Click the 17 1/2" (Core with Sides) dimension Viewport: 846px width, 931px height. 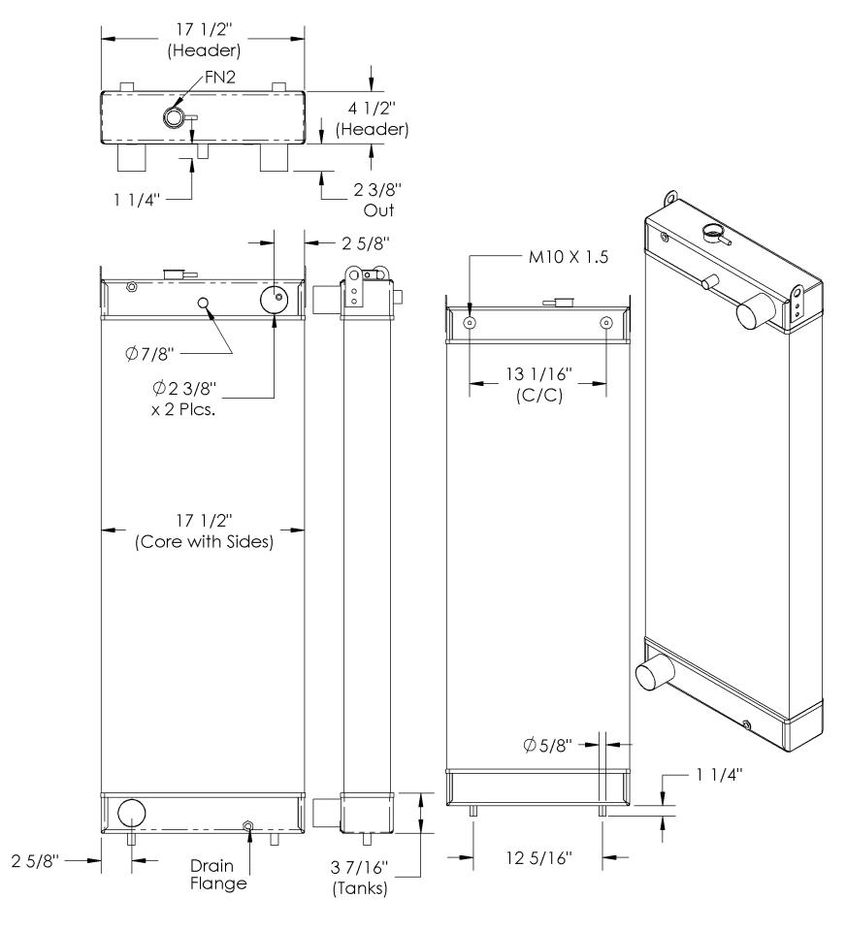[x=204, y=533]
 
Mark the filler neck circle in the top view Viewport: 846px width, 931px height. [x=174, y=117]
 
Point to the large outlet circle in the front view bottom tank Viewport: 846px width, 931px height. [x=130, y=812]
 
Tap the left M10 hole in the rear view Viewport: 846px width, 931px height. [x=471, y=323]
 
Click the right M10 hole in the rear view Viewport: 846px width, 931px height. [x=606, y=323]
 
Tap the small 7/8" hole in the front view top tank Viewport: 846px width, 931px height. [x=204, y=303]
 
